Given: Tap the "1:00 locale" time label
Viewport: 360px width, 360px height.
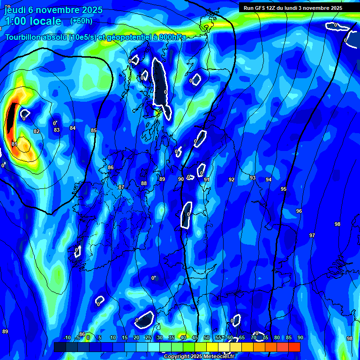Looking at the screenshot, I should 33,21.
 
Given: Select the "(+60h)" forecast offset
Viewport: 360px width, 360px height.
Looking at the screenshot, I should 81,21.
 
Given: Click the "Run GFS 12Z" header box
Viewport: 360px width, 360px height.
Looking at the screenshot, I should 293,8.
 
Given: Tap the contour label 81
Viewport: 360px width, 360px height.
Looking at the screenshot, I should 15,144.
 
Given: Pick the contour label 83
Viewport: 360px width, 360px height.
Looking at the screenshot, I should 57,130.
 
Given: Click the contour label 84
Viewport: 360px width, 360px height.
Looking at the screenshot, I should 72,128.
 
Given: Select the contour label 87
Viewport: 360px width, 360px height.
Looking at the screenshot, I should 121,187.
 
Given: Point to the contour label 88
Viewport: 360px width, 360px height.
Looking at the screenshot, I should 144,183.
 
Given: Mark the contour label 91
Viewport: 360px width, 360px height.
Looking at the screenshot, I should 206,180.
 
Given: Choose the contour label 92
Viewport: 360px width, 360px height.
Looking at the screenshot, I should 232,180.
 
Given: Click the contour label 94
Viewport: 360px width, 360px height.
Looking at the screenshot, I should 269,180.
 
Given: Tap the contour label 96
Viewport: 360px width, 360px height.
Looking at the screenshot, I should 299,211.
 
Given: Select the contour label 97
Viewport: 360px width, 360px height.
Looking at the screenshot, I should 312,235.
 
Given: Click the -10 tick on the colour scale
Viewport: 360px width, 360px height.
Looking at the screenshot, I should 67,337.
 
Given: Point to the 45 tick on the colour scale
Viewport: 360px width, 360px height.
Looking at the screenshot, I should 195,337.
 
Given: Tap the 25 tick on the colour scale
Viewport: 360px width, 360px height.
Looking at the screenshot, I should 148,337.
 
